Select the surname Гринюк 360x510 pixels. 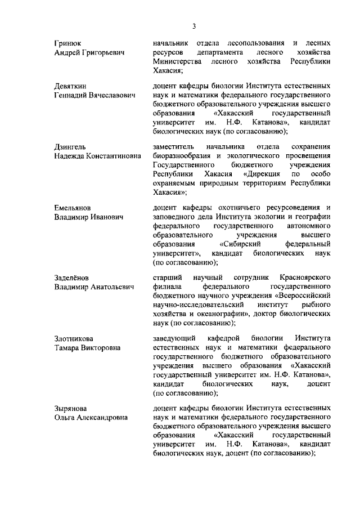point(67,43)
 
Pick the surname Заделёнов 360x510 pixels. point(72,278)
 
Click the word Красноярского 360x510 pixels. point(304,278)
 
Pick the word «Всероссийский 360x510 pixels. point(299,296)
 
